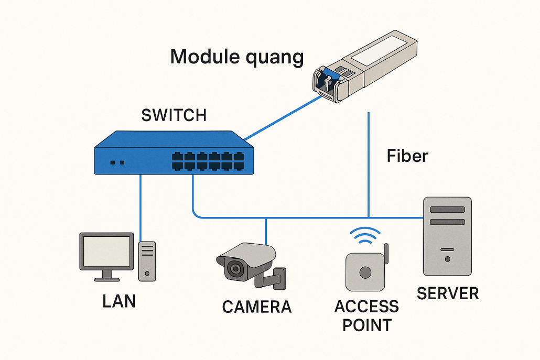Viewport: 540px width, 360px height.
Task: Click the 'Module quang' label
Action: pyautogui.click(x=237, y=57)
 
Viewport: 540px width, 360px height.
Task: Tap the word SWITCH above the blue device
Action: pyautogui.click(x=174, y=115)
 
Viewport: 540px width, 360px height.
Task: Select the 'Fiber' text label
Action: pyautogui.click(x=407, y=156)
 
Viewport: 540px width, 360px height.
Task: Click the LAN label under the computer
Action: pyautogui.click(x=119, y=301)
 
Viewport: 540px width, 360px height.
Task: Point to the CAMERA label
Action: pyautogui.click(x=256, y=307)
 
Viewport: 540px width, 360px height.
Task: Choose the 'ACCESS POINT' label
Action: pyautogui.click(x=366, y=315)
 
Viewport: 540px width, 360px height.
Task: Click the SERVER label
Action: pyautogui.click(x=448, y=293)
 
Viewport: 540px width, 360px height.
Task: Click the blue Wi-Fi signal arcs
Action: pyautogui.click(x=366, y=237)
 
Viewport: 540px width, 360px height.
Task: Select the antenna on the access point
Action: pyautogui.click(x=385, y=254)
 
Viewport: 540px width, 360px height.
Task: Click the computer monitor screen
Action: pyautogui.click(x=106, y=252)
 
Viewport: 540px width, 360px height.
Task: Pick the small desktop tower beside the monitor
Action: pyautogui.click(x=147, y=261)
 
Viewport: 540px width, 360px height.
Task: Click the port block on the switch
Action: pyautogui.click(x=208, y=161)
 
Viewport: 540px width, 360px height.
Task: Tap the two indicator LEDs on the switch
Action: pyautogui.click(x=117, y=162)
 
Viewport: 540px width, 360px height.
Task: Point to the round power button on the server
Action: pyautogui.click(x=447, y=259)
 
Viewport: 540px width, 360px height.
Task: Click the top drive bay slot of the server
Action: pyautogui.click(x=447, y=210)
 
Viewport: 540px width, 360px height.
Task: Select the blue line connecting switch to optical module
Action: pyautogui.click(x=283, y=118)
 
